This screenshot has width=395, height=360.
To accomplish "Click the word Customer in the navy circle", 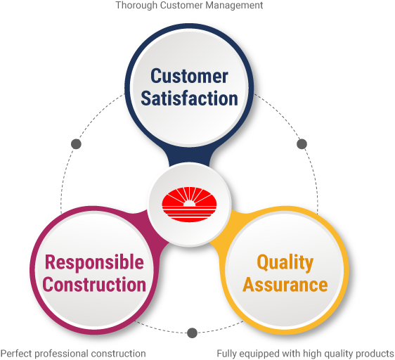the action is pyautogui.click(x=189, y=76).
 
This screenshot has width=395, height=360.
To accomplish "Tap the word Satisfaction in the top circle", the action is pyautogui.click(x=189, y=98).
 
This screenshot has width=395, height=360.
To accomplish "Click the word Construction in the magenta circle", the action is pyautogui.click(x=94, y=284).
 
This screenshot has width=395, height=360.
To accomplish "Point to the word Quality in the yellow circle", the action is pyautogui.click(x=285, y=264).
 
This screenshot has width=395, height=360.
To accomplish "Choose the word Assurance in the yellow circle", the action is pyautogui.click(x=285, y=284).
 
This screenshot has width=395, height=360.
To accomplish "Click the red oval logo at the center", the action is pyautogui.click(x=189, y=205).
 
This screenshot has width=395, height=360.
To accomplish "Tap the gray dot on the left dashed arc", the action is pyautogui.click(x=76, y=144).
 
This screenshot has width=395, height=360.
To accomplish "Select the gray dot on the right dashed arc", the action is pyautogui.click(x=302, y=144).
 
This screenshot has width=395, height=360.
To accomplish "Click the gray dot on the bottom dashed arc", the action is pyautogui.click(x=192, y=333).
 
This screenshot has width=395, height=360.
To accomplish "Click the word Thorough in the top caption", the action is pyautogui.click(x=136, y=6).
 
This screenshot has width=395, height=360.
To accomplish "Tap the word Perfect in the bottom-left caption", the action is pyautogui.click(x=16, y=354).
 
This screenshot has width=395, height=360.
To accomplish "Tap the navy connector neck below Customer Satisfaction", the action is pyautogui.click(x=189, y=157).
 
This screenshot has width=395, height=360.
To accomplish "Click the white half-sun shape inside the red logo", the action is pyautogui.click(x=189, y=203).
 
